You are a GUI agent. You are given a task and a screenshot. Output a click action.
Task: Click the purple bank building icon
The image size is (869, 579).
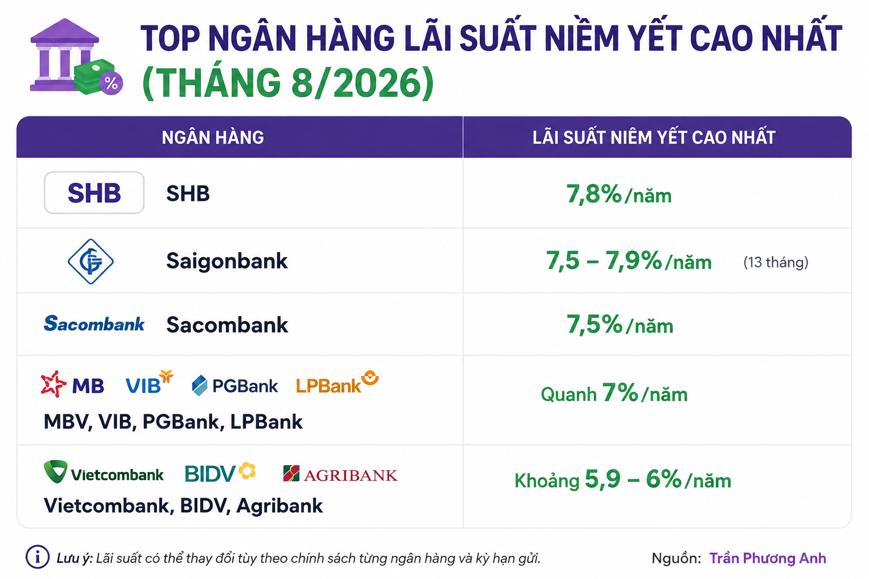click(64, 55)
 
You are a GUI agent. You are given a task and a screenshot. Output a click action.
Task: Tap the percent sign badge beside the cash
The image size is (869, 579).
click(111, 83)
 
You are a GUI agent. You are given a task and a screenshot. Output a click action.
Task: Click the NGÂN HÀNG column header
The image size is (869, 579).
click(213, 137)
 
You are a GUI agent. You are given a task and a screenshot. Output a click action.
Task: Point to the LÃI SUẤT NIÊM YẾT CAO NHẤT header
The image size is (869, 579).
click(653, 137)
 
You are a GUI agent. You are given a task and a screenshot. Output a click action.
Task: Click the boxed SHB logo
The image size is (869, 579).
click(94, 193)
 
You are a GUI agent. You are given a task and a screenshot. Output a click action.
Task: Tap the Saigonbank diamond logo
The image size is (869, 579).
click(91, 261)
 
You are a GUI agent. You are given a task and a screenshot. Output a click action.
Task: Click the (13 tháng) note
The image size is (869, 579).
click(776, 262)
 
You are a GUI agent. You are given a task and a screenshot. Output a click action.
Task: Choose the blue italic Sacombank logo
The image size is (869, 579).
click(94, 324)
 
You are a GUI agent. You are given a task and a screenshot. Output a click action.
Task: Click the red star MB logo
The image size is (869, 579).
click(72, 384)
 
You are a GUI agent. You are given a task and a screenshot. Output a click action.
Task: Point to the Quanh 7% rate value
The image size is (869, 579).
click(614, 393)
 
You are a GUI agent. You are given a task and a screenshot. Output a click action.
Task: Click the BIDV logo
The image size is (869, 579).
click(220, 473)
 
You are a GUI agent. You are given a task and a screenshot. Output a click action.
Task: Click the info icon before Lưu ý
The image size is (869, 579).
click(38, 558)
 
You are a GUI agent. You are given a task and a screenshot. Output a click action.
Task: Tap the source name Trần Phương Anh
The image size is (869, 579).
click(768, 559)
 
